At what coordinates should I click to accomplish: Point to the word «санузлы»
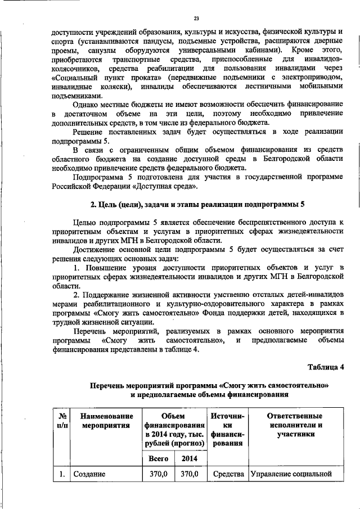(102, 51)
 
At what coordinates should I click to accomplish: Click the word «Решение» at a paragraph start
(91, 132)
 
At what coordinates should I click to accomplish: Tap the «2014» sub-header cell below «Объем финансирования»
(189, 458)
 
